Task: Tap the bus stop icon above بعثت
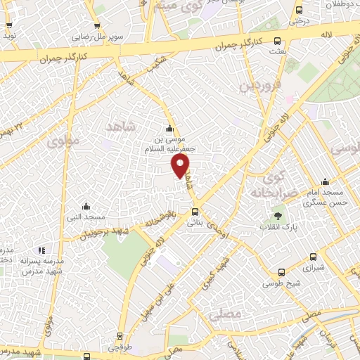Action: (277, 41)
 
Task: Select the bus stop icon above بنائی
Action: (195, 211)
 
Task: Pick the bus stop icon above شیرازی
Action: (313, 257)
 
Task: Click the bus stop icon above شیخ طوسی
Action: (281, 272)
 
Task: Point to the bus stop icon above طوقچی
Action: (120, 337)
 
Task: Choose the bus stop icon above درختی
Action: (299, 10)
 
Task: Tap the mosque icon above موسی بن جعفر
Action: (169, 129)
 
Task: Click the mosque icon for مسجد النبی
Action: (86, 206)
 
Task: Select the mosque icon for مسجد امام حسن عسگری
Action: (325, 181)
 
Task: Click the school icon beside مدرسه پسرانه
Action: (41, 250)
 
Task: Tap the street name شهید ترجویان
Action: (105, 233)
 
